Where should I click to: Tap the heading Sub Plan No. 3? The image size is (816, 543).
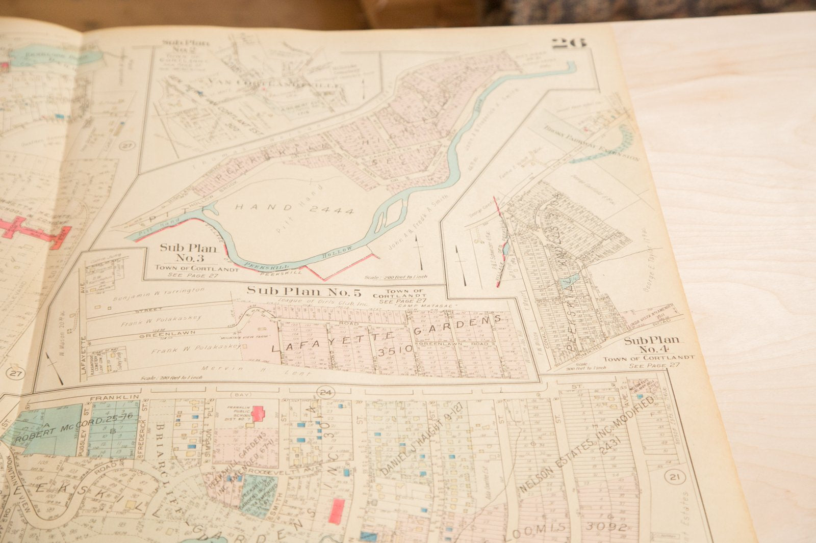coord(188,253)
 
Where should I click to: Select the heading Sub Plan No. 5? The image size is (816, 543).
coord(304,291)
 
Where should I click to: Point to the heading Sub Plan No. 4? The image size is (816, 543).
coord(651,345)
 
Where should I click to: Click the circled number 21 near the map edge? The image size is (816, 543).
coord(675,477)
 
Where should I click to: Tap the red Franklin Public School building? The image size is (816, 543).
coord(258,413)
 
